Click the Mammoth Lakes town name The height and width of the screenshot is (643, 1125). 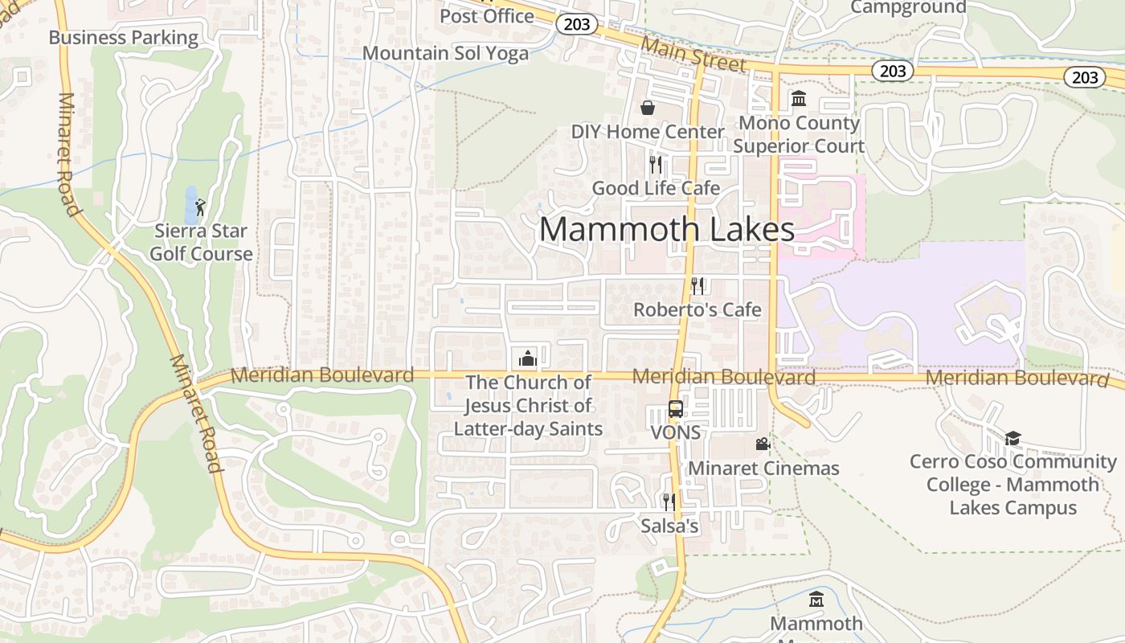coord(666,229)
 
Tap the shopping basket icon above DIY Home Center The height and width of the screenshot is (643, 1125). coord(648,108)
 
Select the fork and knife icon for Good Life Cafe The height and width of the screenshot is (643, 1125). coord(656,165)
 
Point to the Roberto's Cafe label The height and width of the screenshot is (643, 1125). coord(697,309)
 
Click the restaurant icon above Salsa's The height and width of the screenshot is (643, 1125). coord(669,502)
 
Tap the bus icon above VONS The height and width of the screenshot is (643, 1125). coord(676,408)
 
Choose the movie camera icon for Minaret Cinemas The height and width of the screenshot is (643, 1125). coord(763,444)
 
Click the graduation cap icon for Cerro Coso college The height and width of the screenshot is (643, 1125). coord(1012,438)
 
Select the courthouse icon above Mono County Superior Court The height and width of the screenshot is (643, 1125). coord(799,99)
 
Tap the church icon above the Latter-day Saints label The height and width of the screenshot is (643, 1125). coord(528,358)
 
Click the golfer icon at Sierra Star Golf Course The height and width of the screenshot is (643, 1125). coord(200,207)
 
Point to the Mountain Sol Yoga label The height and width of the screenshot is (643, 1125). coord(445,53)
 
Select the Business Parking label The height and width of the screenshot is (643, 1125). coord(123,37)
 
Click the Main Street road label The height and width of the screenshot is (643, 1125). coord(694,54)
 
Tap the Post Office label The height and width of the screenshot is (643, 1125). coord(486,15)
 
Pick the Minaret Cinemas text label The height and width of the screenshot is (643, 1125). coord(763,469)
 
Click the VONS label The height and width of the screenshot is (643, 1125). coord(675,432)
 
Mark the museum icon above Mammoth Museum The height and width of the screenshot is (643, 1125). coord(816,600)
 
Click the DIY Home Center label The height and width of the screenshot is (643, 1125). coord(648,131)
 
